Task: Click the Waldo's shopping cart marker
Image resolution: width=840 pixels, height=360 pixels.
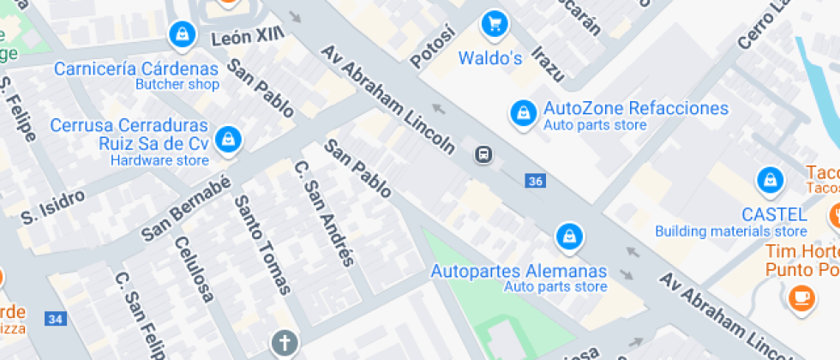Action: (493, 24)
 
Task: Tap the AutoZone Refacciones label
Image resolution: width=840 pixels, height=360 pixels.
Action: (635, 109)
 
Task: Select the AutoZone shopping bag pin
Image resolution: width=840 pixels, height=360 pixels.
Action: (521, 113)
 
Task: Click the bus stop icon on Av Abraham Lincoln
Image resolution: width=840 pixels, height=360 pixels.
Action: (483, 155)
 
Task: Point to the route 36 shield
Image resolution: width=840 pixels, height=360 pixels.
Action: (536, 181)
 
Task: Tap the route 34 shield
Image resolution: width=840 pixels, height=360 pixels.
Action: (56, 320)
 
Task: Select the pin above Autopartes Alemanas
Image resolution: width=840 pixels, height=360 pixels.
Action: (567, 236)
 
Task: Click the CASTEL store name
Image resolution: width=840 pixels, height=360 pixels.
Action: (774, 214)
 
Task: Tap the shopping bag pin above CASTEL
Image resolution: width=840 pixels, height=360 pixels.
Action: (770, 181)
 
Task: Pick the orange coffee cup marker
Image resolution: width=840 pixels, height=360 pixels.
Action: (801, 297)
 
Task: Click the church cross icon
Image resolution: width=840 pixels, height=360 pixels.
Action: (283, 344)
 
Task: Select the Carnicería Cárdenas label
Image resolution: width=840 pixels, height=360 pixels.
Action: (136, 68)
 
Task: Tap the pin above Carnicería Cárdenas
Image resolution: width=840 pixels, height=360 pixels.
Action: (182, 35)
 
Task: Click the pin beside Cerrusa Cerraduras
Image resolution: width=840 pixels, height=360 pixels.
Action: (227, 140)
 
